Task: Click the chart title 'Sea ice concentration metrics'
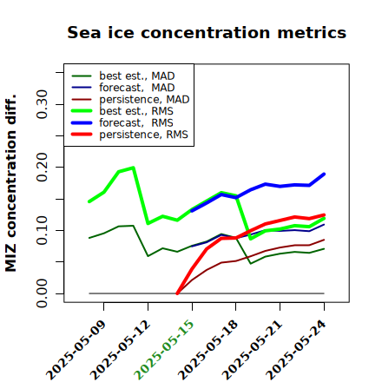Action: [x=207, y=32]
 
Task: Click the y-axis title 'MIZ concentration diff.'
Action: [x=10, y=183]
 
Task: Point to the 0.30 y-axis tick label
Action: [x=42, y=104]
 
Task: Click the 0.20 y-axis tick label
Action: [x=42, y=168]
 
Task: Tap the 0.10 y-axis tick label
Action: [x=42, y=230]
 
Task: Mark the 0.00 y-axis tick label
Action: [x=42, y=293]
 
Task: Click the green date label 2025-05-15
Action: [x=164, y=350]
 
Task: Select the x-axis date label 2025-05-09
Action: [x=76, y=350]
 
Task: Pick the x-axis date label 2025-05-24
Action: [x=296, y=350]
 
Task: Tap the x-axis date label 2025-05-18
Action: [x=208, y=350]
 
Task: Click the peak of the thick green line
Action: [x=133, y=168]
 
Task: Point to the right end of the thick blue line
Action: [x=324, y=174]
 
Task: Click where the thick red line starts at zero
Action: [x=177, y=293]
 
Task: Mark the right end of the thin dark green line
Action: [x=324, y=248]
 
